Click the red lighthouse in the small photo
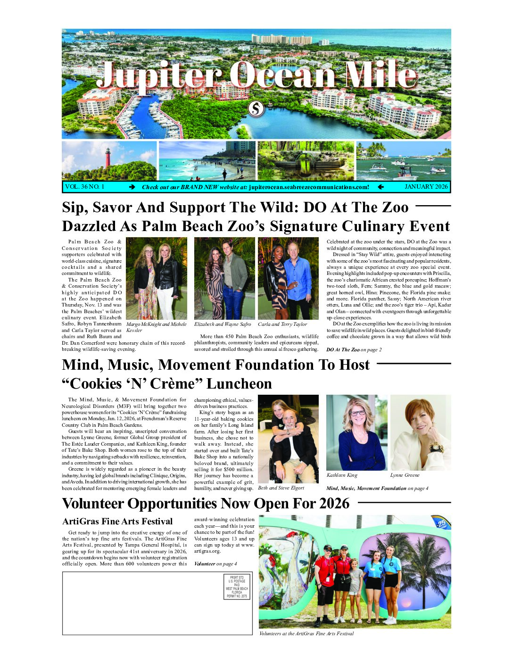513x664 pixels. pos(108,158)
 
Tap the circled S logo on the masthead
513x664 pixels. pos(256,109)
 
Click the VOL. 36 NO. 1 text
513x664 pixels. pos(85,187)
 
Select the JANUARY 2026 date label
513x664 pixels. pos(426,187)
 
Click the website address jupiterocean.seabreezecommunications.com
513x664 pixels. pos(309,187)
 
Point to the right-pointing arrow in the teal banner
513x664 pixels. pos(132,187)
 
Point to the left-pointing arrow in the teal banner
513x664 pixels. pos(381,187)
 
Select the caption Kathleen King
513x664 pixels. pos(342,475)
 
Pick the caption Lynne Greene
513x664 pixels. pos(405,475)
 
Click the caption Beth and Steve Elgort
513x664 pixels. pos(281,488)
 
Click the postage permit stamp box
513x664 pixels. pos(237,587)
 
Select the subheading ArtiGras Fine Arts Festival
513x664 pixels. pos(117,522)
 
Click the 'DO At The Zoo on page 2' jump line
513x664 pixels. pos(354,350)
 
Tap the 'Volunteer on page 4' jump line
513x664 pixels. pos(215,564)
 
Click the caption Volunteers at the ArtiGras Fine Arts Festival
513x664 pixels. pos(306,634)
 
